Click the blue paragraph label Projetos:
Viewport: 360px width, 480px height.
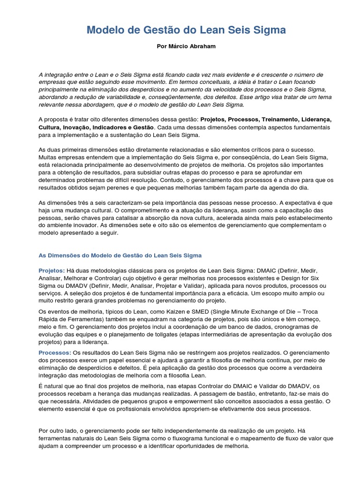[51, 271]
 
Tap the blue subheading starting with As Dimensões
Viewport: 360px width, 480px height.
[120, 255]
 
